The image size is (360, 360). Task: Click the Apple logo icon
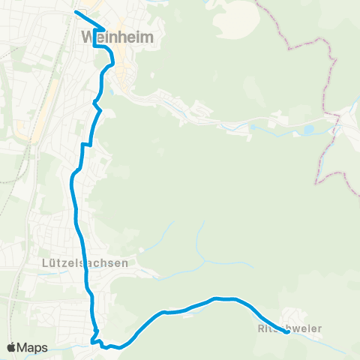point(12,347)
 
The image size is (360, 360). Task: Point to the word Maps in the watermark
point(33,347)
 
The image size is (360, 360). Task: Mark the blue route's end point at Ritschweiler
point(288,332)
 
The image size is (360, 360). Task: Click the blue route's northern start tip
point(76,12)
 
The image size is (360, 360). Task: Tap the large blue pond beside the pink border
point(308,130)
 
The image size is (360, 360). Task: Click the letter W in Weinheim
point(85,37)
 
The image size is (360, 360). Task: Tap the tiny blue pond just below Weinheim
point(112,91)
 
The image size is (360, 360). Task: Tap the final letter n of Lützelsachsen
point(125,263)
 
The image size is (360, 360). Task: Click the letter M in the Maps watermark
point(24,347)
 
